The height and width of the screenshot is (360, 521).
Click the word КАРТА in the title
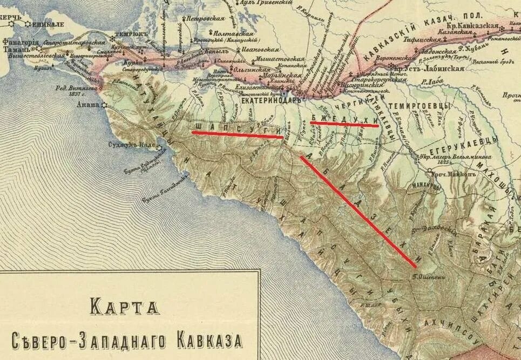click(x=125, y=307)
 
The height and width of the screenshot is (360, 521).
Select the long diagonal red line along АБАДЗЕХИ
click(x=357, y=211)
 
